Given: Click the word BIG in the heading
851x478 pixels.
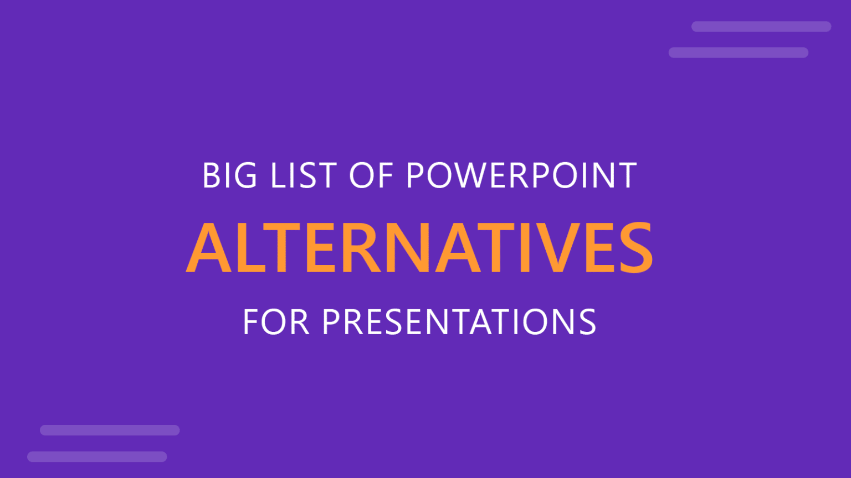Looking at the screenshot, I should pos(229,176).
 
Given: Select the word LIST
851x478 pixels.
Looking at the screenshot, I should pos(303,176).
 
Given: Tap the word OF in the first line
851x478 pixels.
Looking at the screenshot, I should pos(371,176).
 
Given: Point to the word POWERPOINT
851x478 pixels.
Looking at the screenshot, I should pos(521,176).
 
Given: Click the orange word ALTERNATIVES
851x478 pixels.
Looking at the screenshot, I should pos(420,247).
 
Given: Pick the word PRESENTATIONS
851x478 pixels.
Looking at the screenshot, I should pos(459,322).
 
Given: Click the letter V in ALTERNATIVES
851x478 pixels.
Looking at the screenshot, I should pos(556,247).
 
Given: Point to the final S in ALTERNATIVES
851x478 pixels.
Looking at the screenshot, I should pos(635,247).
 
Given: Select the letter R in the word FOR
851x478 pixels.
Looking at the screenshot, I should pos(299,322).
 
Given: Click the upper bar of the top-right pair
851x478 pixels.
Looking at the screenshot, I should pos(761,27).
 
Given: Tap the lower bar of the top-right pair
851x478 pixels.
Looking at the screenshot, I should pos(738,53).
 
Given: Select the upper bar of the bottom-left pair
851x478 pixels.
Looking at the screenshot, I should pos(110,430).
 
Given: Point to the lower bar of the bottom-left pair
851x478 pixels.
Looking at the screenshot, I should pos(97,456).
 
